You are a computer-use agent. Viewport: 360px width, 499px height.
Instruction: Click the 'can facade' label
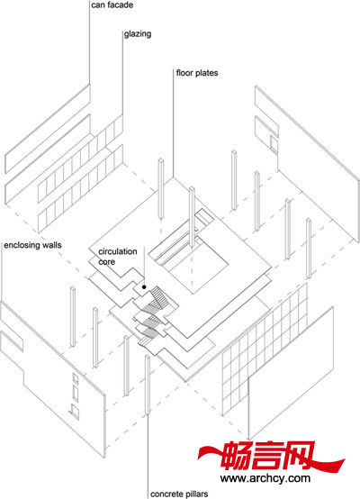(112, 5)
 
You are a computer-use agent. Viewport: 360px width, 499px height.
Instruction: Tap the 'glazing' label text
(138, 34)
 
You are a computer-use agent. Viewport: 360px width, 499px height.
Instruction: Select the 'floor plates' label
(197, 73)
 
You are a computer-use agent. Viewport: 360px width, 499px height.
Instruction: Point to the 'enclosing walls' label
(32, 245)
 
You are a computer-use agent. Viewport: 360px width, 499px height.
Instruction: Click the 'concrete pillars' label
(179, 494)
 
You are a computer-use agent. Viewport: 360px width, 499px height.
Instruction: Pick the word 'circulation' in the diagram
(118, 251)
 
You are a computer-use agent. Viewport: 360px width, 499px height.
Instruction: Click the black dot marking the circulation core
(144, 287)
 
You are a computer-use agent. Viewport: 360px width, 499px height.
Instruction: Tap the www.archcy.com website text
(265, 478)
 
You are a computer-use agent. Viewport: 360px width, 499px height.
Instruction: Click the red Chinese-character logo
(270, 456)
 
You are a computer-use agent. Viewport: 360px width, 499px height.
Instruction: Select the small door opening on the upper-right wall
(274, 143)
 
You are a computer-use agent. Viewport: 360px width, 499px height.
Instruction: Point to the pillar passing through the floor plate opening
(192, 217)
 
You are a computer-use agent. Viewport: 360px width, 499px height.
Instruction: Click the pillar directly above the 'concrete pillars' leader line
(148, 385)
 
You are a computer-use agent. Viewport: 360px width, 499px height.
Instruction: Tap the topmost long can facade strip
(48, 129)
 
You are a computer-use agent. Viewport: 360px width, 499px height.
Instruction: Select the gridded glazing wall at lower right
(265, 349)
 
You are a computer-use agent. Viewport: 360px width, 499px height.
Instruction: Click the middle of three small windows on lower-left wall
(76, 393)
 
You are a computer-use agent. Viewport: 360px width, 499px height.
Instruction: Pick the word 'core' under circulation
(106, 262)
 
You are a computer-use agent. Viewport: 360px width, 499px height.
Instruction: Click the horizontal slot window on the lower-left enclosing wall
(12, 340)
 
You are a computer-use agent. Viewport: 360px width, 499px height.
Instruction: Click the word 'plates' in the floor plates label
(207, 73)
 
